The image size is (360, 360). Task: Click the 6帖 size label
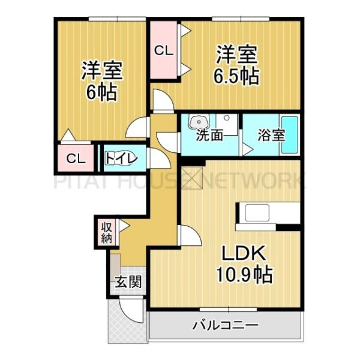(x=104, y=94)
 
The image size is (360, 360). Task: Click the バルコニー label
(x=226, y=325)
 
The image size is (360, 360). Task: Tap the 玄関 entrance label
(x=128, y=281)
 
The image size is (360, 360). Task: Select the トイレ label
(x=123, y=158)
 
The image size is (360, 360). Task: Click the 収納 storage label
(x=106, y=232)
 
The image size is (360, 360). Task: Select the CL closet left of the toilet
(x=75, y=158)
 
